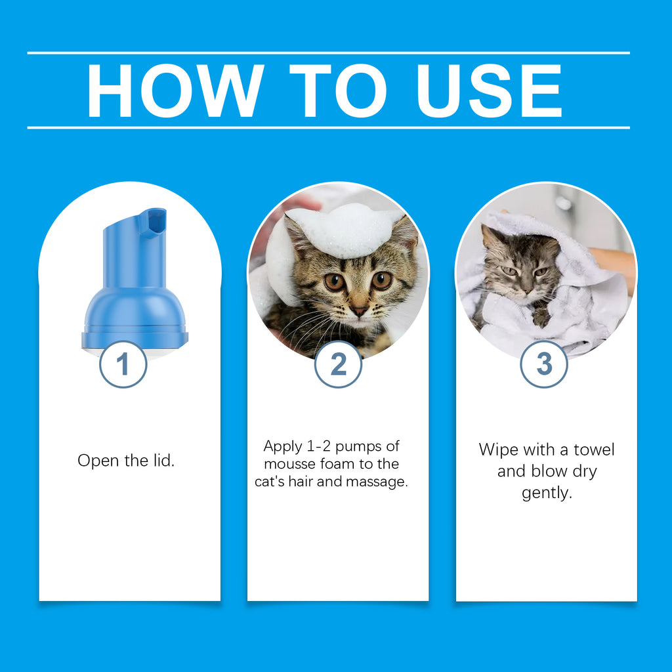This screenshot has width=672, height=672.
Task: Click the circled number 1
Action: (x=123, y=364)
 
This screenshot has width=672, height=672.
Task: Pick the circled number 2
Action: (x=338, y=364)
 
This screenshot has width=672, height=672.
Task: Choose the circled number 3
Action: (x=544, y=364)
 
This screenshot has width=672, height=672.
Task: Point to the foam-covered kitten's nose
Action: (x=358, y=308)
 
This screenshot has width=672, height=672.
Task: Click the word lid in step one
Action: (x=163, y=460)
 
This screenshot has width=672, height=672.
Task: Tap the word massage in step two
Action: (x=380, y=482)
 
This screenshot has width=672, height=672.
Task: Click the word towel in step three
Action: (x=595, y=450)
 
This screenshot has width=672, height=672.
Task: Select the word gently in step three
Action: (x=547, y=493)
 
